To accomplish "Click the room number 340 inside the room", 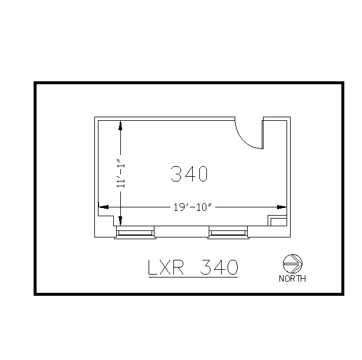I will [x=189, y=174].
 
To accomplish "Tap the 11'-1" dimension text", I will [x=120, y=173].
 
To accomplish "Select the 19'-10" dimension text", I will [x=192, y=207].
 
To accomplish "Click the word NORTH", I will [x=292, y=279].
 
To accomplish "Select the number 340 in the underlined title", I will [x=219, y=267].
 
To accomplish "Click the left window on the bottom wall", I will [x=136, y=233].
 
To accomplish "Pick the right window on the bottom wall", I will [x=228, y=233].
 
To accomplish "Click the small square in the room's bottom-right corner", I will [x=277, y=221].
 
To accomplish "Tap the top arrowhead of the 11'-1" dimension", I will [x=120, y=125].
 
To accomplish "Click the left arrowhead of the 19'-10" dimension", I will [x=103, y=207].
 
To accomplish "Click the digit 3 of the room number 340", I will [x=176, y=174].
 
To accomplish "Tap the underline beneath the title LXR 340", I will [x=192, y=278].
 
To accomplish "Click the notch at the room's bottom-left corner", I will [x=107, y=219].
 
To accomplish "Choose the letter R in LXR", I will [x=181, y=267].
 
